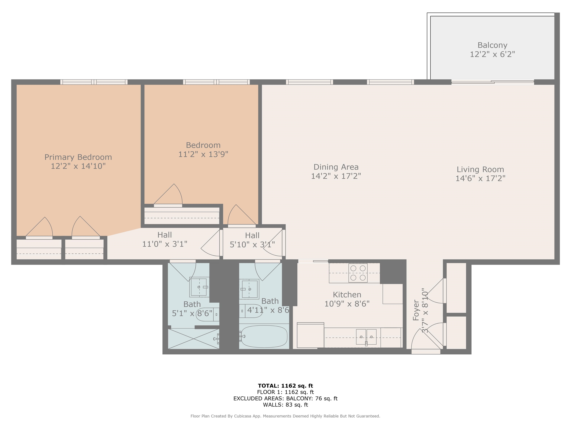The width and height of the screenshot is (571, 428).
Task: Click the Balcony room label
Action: click(x=492, y=45)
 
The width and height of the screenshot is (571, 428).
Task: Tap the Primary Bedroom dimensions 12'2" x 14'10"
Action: click(x=78, y=166)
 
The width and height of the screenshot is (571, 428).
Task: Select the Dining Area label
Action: click(x=336, y=167)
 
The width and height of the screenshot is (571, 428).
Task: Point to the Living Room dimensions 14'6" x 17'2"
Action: click(x=480, y=179)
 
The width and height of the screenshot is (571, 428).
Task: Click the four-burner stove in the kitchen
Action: click(x=358, y=273)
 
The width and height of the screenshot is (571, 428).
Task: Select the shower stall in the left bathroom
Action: click(x=193, y=339)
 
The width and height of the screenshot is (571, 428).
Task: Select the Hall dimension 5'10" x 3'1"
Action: click(x=252, y=245)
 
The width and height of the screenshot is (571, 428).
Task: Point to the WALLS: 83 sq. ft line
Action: click(x=285, y=405)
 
